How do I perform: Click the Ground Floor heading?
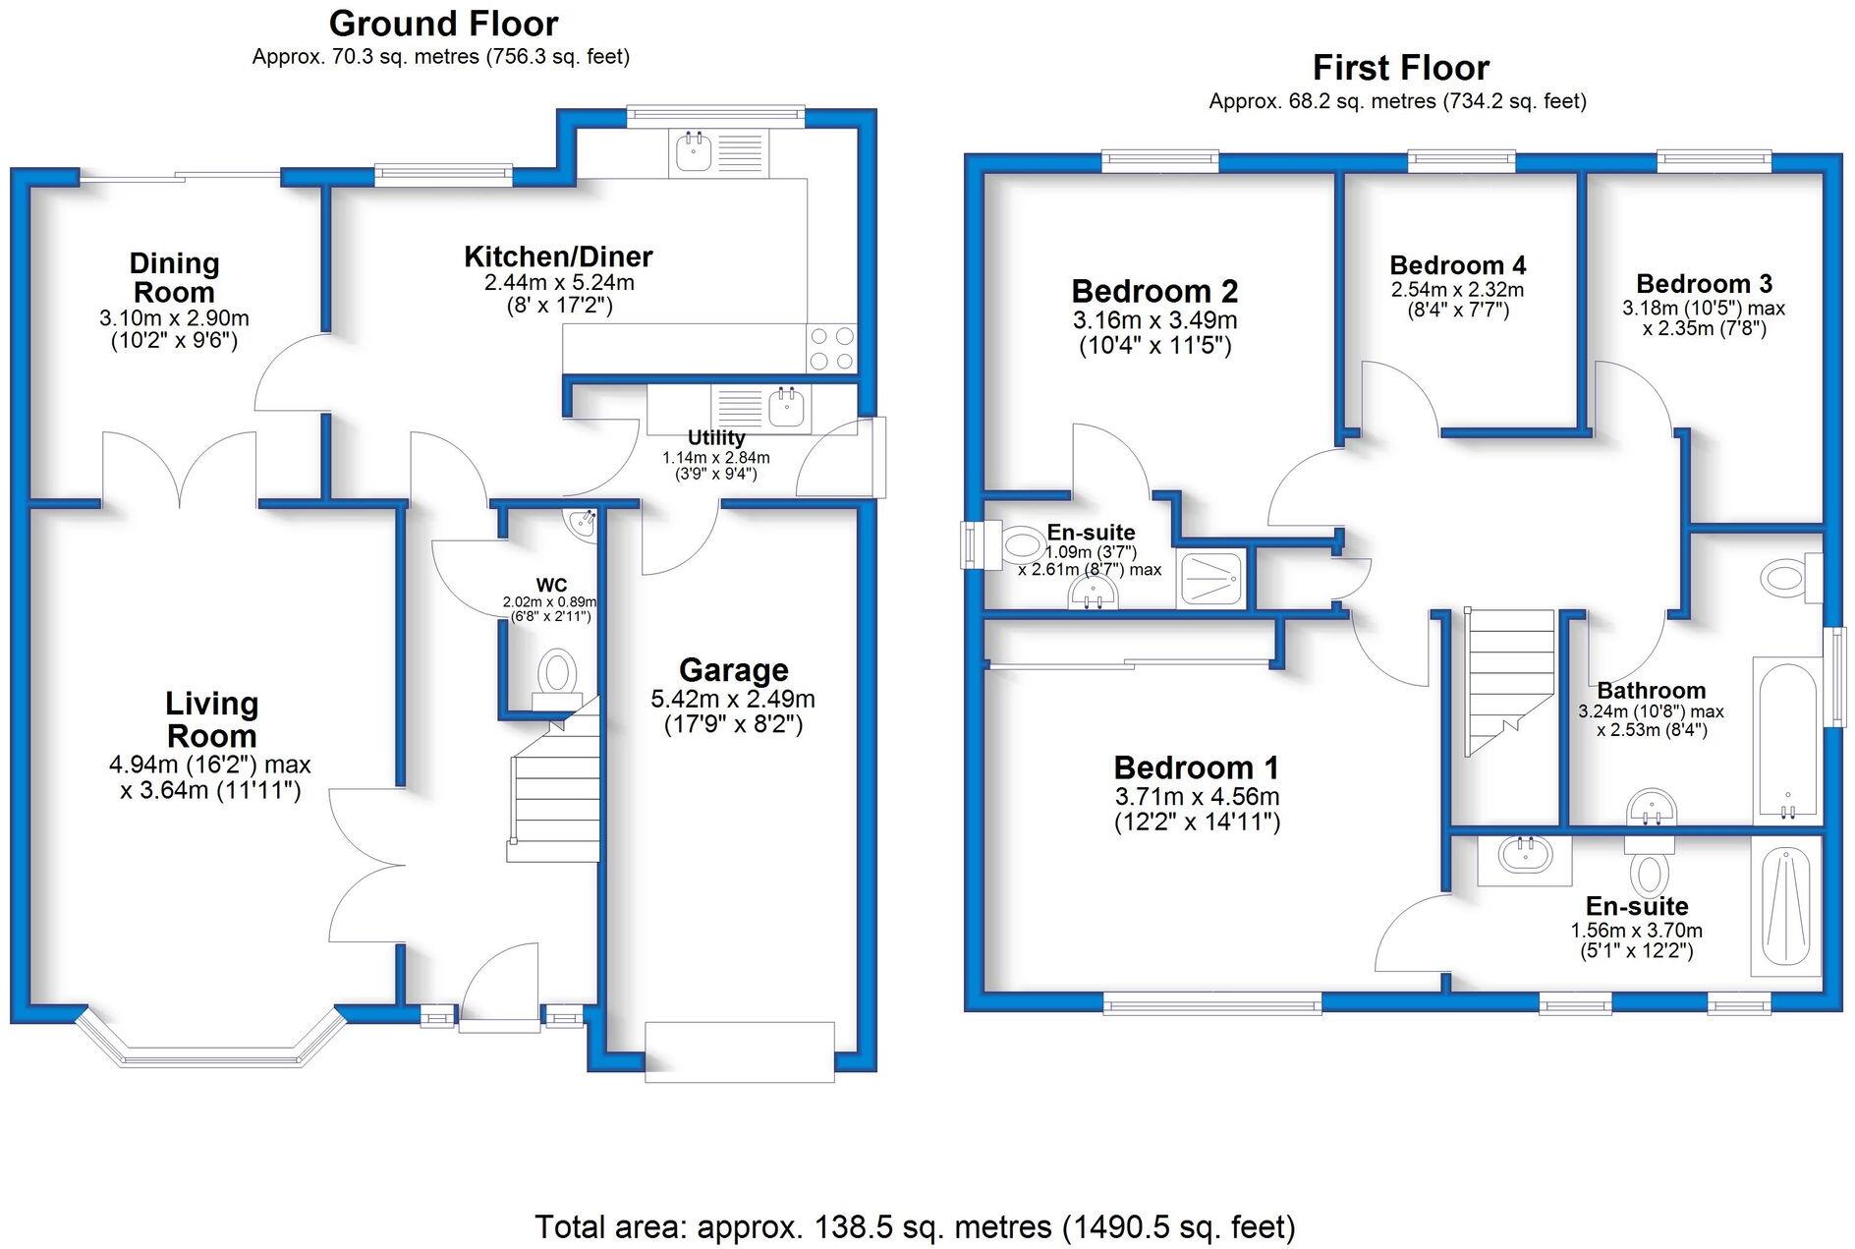(443, 23)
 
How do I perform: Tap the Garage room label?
(733, 670)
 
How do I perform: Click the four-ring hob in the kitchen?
(831, 349)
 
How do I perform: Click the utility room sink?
(786, 406)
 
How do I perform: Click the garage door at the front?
(739, 1051)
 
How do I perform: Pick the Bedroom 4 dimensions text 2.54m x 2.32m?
(1457, 290)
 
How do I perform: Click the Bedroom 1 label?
(1196, 767)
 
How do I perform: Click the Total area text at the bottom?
(915, 1226)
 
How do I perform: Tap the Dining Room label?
(174, 277)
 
